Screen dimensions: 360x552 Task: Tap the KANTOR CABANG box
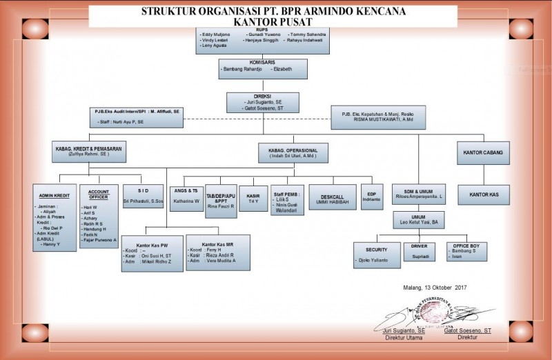pyautogui.click(x=484, y=152)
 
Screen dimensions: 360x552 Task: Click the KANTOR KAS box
pyautogui.click(x=484, y=194)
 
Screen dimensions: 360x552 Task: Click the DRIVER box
pyautogui.click(x=420, y=252)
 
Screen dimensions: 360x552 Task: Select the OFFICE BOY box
pyautogui.click(x=466, y=252)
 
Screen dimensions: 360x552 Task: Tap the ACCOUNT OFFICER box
pyautogui.click(x=98, y=216)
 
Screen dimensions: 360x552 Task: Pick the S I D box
pyautogui.click(x=142, y=196)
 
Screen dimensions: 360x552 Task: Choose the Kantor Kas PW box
pyautogui.click(x=152, y=252)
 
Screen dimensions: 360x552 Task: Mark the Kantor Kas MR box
pyautogui.click(x=218, y=252)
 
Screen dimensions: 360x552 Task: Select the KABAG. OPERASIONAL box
pyautogui.click(x=293, y=152)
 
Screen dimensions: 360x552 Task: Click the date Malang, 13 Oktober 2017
pyautogui.click(x=434, y=288)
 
